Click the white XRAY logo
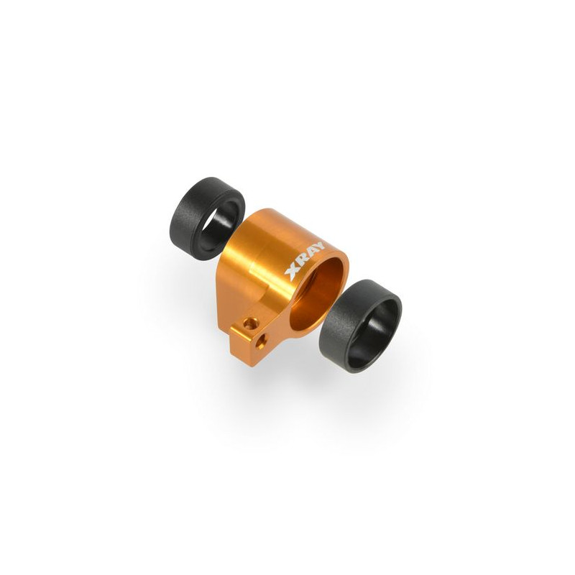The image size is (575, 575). (304, 261)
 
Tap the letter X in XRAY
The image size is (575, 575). (293, 272)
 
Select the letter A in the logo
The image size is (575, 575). (311, 254)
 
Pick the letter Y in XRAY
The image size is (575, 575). (318, 247)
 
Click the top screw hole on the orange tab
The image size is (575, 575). (251, 323)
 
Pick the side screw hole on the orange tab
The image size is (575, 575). (261, 341)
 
